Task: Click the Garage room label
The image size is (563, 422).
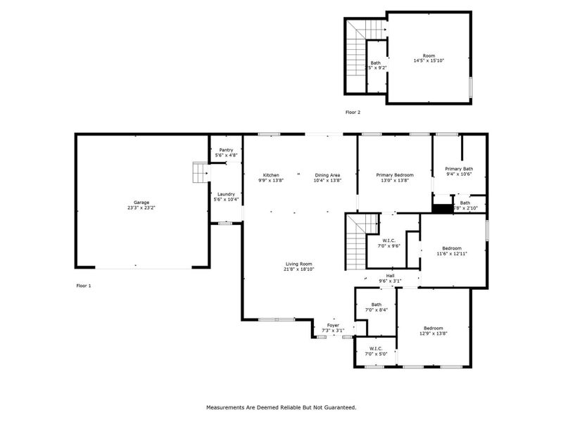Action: pos(141,203)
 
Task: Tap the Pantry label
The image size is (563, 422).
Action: pos(226,150)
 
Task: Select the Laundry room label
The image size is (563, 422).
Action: pos(226,194)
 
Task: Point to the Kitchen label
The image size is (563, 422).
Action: pos(272,175)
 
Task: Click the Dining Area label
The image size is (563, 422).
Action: pos(327,175)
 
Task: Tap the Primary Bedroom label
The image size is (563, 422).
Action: pos(394,175)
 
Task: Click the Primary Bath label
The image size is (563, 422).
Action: pos(459,169)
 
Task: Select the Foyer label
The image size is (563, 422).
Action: pos(333,326)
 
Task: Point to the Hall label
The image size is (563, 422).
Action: pos(390,276)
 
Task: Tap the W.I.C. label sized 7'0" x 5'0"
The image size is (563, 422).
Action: pos(376,348)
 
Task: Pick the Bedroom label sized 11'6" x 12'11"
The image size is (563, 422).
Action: pos(452,248)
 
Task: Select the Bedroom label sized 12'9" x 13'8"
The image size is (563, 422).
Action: pos(433,328)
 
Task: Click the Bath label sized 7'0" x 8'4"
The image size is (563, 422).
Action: pos(377,305)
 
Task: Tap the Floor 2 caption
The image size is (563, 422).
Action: pos(353,112)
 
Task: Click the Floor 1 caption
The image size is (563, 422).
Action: pos(84,286)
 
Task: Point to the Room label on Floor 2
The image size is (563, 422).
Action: pos(429,56)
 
